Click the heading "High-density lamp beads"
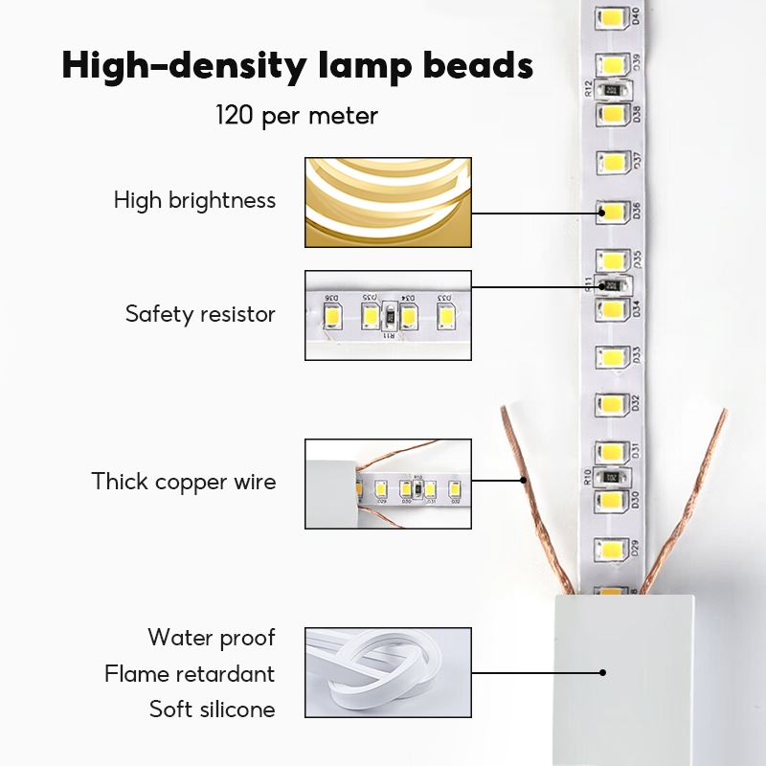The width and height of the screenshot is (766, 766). pos(297,65)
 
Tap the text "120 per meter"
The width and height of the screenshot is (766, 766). pos(297,117)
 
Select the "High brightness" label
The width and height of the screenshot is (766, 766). pos(194,201)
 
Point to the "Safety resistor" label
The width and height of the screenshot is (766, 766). pos(200,314)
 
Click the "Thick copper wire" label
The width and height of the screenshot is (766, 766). pos(184,481)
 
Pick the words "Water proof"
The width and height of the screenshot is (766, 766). pos(211,638)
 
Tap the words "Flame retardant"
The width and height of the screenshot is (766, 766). pos(190,674)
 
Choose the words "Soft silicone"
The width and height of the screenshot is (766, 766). pos(212,710)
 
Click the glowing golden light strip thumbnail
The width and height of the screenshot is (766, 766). pos(388,202)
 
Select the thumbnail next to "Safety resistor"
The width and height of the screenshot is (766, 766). pos(388,315)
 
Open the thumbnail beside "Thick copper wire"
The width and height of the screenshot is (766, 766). pos(388,484)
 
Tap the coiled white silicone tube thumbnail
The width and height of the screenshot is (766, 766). pos(388,673)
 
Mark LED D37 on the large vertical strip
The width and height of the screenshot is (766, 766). pos(611,161)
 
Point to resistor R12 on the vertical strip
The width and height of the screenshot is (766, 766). pos(610,89)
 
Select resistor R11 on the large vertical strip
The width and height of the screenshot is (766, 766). pos(610,284)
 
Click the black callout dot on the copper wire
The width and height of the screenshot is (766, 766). pos(524,480)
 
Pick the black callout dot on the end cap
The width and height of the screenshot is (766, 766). pos(603,672)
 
